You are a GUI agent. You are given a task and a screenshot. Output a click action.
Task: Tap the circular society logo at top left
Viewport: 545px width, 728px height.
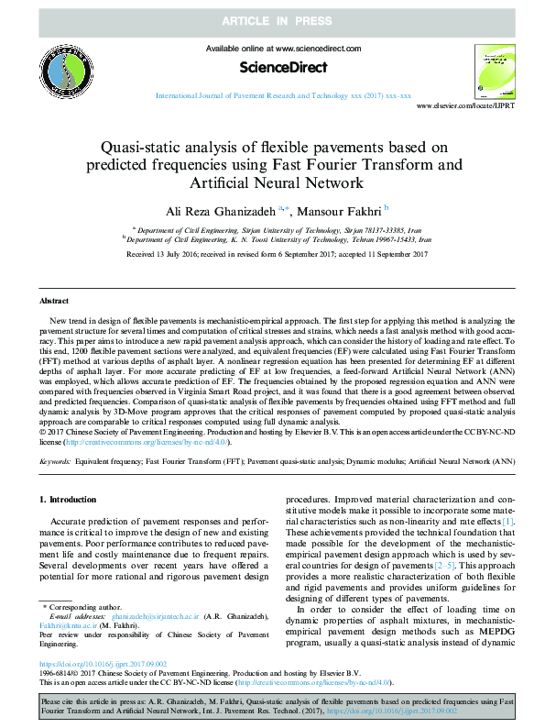63,69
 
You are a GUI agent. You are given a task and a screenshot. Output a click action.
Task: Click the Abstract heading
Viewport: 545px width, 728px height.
54,301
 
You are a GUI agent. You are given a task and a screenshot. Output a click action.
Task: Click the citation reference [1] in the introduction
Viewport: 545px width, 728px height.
508,521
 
